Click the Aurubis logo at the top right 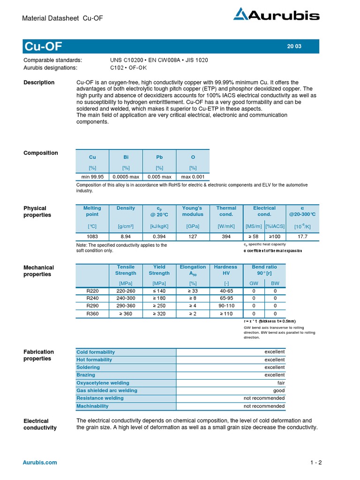point(277,15)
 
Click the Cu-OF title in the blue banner point(43,46)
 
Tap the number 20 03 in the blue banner point(294,46)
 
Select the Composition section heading point(41,153)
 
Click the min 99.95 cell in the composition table point(92,177)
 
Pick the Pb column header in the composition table point(159,157)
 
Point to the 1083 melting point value point(92,237)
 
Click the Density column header point(126,208)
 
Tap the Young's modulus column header point(193,211)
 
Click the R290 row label point(93,306)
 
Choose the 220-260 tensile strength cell point(126,291)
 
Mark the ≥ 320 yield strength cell point(159,313)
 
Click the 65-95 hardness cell point(226,298)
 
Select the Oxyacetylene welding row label point(103,382)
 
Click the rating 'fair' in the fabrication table point(281,382)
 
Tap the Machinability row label point(92,406)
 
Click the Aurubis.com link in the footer point(40,462)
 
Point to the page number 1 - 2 point(316,463)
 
